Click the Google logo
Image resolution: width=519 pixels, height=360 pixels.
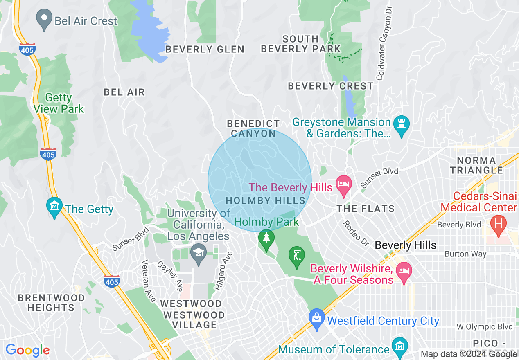pyautogui.click(x=27, y=350)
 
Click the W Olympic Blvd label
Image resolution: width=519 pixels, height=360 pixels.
pyautogui.click(x=485, y=326)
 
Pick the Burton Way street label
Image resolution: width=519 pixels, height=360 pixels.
pyautogui.click(x=465, y=254)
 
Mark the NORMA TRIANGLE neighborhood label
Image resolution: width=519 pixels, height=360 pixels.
pyautogui.click(x=476, y=165)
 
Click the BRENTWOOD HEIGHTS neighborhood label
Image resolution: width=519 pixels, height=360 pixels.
pyautogui.click(x=51, y=303)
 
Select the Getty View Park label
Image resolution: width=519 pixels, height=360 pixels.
pyautogui.click(x=59, y=103)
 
